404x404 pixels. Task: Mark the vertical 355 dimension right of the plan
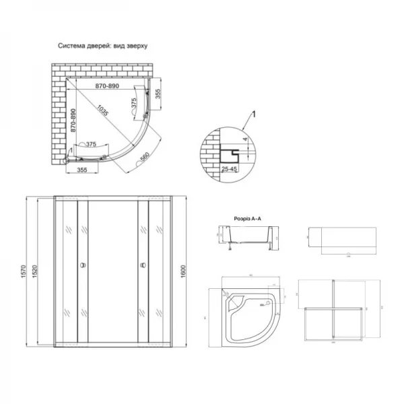point(158,94)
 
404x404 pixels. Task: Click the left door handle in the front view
point(83,265)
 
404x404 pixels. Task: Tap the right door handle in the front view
point(142,265)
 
